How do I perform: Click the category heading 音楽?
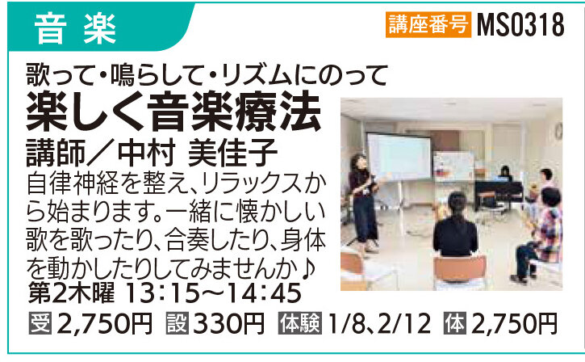75,29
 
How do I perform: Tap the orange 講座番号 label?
428,25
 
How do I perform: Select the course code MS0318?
520,25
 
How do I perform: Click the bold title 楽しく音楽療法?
173,112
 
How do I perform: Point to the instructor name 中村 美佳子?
198,152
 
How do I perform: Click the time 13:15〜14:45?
214,293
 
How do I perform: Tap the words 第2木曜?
72,293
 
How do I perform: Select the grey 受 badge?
40,323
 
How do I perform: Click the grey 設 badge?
178,323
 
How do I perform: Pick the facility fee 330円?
228,323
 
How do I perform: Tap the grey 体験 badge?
300,323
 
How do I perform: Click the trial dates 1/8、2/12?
378,323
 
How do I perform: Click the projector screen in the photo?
399,156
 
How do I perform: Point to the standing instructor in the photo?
362,203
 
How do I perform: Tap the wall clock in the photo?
558,131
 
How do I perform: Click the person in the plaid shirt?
540,234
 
